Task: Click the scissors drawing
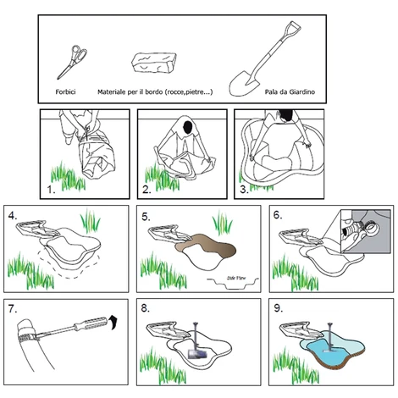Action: click(72, 62)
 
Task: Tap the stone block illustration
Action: click(154, 63)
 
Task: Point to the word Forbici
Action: click(65, 91)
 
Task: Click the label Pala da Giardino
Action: click(290, 91)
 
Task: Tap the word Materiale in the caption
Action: click(112, 91)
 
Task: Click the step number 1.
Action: click(51, 190)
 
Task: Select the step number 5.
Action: click(146, 217)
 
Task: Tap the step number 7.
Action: click(13, 309)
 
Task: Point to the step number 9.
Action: click(279, 308)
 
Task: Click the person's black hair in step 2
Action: click(187, 127)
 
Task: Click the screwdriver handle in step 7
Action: click(91, 323)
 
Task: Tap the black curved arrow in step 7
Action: click(113, 322)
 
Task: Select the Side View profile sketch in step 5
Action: click(233, 283)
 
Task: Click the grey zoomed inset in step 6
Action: click(366, 231)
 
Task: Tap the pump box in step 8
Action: click(197, 354)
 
